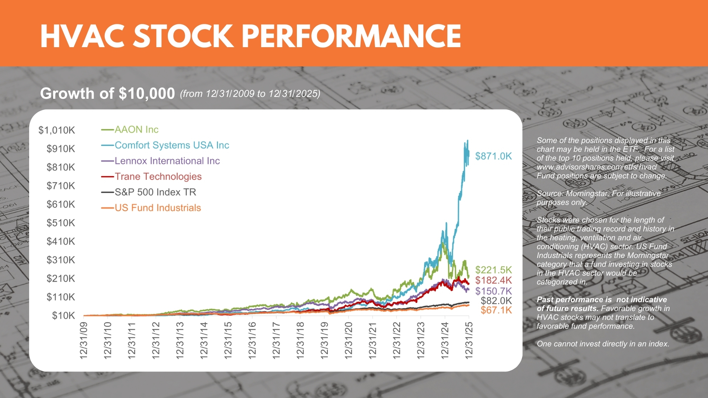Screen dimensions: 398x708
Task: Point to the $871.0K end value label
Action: [493, 156]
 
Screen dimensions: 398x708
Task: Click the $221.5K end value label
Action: [493, 270]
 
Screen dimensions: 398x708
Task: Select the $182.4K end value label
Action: [493, 280]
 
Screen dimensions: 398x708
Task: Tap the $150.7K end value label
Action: [493, 291]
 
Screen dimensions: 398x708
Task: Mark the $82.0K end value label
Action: [496, 301]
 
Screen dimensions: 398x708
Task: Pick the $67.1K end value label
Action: [496, 310]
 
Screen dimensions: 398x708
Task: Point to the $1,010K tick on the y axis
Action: [57, 130]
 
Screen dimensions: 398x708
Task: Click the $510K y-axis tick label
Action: [60, 223]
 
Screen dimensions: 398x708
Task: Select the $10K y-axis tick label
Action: [63, 315]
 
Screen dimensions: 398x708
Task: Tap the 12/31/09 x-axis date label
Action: [84, 340]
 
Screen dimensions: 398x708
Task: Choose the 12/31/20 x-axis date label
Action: [348, 340]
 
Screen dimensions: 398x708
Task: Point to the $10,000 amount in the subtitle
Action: [147, 94]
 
